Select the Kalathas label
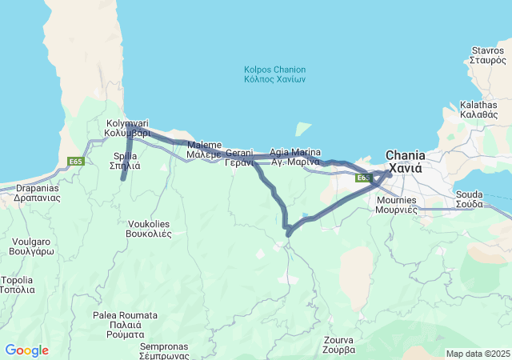[x=478, y=110]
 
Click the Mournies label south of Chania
[x=397, y=205]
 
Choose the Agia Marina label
[x=295, y=157]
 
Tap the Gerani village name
[x=239, y=158]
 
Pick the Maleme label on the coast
[x=204, y=150]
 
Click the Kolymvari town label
[x=128, y=128]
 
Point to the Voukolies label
[x=149, y=229]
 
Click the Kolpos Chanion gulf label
[x=274, y=74]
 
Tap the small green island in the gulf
[x=302, y=129]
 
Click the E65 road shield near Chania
[x=362, y=178]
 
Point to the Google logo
[x=26, y=350]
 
